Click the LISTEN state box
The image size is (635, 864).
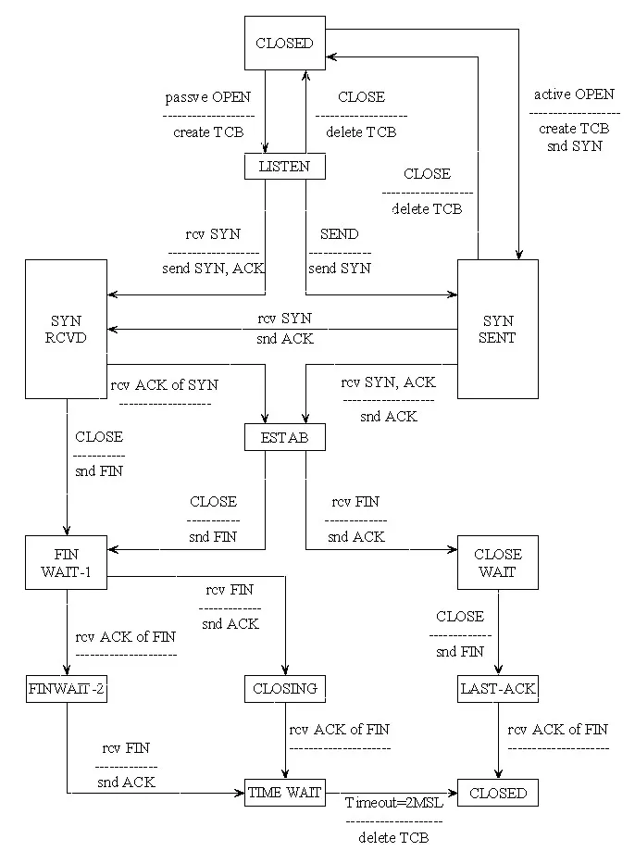pyautogui.click(x=285, y=166)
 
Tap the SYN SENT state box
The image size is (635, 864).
pyautogui.click(x=498, y=329)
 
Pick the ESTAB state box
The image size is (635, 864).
pyautogui.click(x=285, y=437)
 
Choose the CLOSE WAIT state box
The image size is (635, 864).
pyautogui.click(x=498, y=563)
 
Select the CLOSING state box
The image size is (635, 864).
pyautogui.click(x=285, y=688)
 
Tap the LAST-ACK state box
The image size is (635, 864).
pyautogui.click(x=498, y=688)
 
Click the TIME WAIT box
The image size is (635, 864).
pyautogui.click(x=285, y=793)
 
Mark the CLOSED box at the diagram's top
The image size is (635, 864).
pyautogui.click(x=285, y=43)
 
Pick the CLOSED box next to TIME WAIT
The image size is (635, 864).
pyautogui.click(x=498, y=793)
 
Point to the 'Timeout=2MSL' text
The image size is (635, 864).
pyautogui.click(x=394, y=802)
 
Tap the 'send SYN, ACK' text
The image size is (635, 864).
pyautogui.click(x=214, y=269)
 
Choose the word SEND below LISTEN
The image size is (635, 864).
pyautogui.click(x=339, y=235)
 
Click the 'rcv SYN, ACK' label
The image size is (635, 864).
pyautogui.click(x=389, y=382)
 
